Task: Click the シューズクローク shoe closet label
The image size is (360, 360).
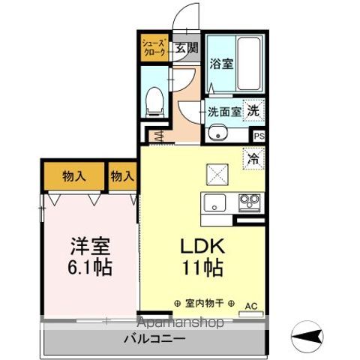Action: click(155, 49)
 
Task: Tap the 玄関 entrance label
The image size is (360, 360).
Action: click(186, 49)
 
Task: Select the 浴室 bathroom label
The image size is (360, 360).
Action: click(220, 64)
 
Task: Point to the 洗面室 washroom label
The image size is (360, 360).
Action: click(225, 112)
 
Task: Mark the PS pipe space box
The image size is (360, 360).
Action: click(259, 136)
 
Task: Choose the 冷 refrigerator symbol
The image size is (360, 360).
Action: click(254, 159)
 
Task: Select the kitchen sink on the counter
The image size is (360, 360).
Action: click(214, 202)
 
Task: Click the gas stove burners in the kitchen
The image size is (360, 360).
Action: click(249, 202)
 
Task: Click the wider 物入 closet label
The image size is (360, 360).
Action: click(73, 177)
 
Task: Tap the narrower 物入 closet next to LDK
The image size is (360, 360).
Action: click(122, 177)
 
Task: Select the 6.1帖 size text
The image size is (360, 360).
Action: click(91, 267)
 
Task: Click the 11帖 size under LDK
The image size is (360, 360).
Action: click(201, 267)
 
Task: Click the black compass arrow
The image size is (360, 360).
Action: click(307, 331)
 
